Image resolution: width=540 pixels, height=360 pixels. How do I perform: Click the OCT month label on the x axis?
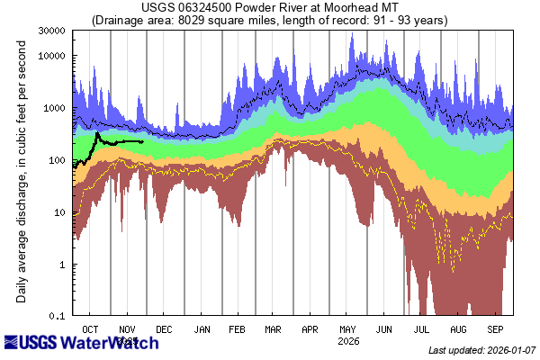click(91, 329)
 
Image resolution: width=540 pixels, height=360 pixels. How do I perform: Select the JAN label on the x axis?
click(202, 329)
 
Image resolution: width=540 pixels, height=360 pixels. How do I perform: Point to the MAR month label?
click(274, 329)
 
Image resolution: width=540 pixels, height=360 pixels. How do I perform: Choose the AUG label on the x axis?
click(458, 329)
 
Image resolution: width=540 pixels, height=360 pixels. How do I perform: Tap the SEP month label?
click(495, 329)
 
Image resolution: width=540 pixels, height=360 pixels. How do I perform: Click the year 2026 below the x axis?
click(347, 341)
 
